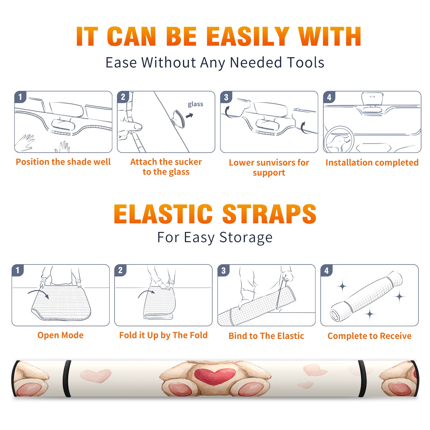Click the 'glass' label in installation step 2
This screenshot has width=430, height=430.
195,104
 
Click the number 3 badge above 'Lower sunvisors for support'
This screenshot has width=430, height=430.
226,97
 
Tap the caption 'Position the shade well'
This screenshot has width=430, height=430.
63,162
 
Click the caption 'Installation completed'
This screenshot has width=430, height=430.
372,163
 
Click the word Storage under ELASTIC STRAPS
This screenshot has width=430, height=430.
246,237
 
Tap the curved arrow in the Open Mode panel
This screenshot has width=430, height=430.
38,293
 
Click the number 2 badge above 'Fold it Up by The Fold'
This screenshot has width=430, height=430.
120,270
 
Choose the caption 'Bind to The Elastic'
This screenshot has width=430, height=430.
266,336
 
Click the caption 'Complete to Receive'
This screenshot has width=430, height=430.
370,336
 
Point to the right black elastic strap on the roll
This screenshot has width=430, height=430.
363,378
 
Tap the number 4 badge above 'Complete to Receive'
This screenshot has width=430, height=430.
326,270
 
